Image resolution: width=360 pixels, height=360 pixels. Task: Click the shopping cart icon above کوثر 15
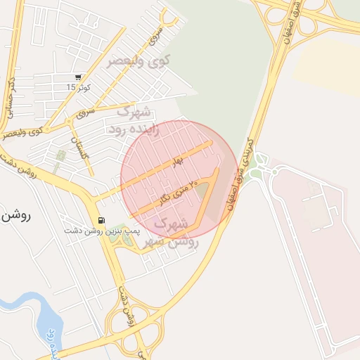[77, 77]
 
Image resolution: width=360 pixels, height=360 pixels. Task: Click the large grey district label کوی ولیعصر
[138, 61]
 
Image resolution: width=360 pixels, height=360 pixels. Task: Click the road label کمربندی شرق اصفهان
[238, 169]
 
